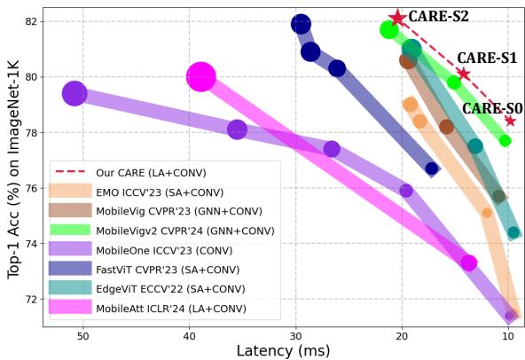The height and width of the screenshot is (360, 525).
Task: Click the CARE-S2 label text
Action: click(x=439, y=16)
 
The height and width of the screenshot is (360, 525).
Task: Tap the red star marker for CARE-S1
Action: click(x=463, y=74)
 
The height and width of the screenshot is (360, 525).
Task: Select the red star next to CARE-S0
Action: click(x=510, y=121)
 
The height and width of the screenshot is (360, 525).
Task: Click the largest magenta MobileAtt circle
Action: click(x=201, y=77)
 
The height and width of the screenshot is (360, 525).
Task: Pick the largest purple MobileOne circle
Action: click(x=74, y=93)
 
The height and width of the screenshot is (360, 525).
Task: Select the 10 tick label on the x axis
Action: click(x=508, y=338)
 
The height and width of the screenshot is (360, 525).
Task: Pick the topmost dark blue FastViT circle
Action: click(x=301, y=24)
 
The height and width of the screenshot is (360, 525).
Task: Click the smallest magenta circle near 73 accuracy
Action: click(x=469, y=262)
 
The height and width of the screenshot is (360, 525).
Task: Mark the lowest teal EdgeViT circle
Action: click(x=513, y=232)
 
